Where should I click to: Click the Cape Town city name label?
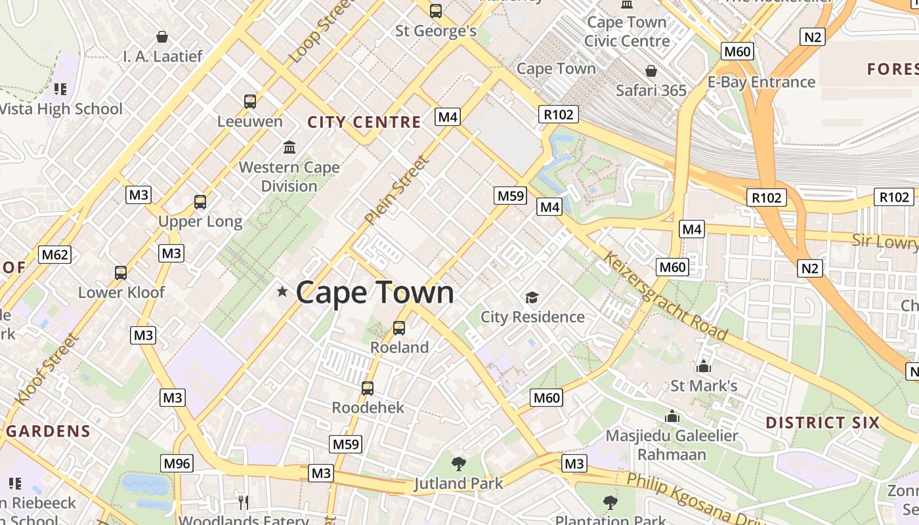(375, 292)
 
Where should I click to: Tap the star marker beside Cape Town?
(282, 291)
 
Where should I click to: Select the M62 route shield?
(54, 254)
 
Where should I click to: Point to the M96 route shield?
(177, 463)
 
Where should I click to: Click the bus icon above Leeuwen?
(250, 102)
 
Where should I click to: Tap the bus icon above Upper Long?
(200, 202)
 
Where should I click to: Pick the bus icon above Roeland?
(398, 328)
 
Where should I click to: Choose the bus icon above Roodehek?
(368, 388)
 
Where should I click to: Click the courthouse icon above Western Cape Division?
(289, 147)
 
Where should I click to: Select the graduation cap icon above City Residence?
(532, 298)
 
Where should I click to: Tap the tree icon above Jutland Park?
(459, 464)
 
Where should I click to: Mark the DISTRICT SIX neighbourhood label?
(822, 423)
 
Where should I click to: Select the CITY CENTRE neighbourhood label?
(364, 122)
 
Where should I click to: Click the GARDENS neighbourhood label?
(49, 431)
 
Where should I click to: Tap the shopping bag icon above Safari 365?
(651, 70)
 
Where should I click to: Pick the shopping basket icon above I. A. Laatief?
(162, 37)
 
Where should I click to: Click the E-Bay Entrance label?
(761, 82)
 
